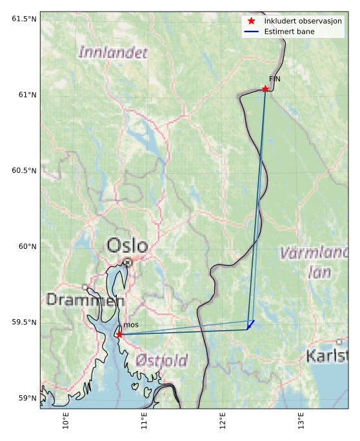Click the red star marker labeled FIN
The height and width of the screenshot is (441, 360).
(265, 89)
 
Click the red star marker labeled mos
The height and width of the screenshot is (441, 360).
(119, 335)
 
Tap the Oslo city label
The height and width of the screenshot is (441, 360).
(127, 246)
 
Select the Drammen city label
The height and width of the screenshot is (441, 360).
(85, 300)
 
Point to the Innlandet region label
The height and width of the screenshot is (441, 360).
(113, 53)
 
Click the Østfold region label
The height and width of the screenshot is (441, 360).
(162, 360)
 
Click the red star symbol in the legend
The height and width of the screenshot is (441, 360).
(252, 21)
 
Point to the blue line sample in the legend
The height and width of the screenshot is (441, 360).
(252, 31)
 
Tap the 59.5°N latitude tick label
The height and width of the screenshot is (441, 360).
(24, 322)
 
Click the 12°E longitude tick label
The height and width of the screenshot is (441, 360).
(223, 420)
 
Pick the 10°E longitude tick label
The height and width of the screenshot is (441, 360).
(65, 420)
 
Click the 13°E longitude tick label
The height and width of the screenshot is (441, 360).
(301, 420)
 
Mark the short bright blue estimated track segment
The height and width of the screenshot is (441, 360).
(250, 325)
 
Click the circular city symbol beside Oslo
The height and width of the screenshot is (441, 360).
(128, 262)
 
